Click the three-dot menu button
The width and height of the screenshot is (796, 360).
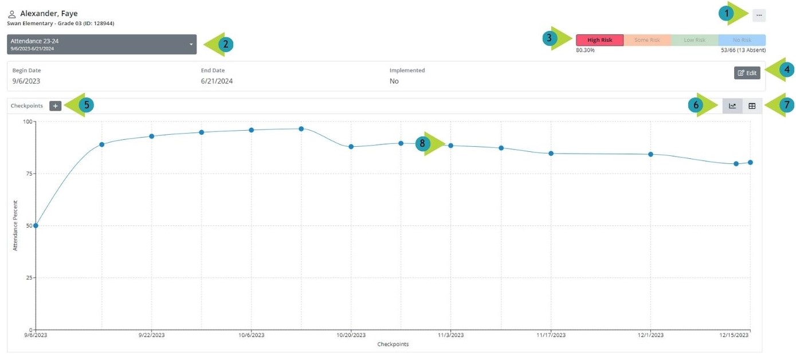759,15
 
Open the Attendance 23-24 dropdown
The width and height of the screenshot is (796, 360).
101,44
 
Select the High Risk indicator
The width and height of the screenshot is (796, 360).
599,40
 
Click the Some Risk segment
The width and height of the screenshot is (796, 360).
647,40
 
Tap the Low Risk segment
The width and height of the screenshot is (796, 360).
694,40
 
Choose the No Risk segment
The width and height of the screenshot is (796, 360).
742,40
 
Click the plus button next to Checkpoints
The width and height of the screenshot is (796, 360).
55,106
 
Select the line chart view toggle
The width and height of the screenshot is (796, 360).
732,106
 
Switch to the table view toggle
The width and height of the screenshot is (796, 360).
752,106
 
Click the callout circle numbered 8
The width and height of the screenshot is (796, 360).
423,144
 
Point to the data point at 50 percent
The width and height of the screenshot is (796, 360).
36,226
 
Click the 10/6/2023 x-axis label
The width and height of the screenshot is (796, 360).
251,335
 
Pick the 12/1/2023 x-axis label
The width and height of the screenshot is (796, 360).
650,335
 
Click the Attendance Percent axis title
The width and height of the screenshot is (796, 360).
15,225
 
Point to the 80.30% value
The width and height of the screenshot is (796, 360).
585,50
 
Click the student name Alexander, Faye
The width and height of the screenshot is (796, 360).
49,14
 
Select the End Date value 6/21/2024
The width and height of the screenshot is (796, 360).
217,81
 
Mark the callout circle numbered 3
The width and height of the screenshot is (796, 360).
550,38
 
